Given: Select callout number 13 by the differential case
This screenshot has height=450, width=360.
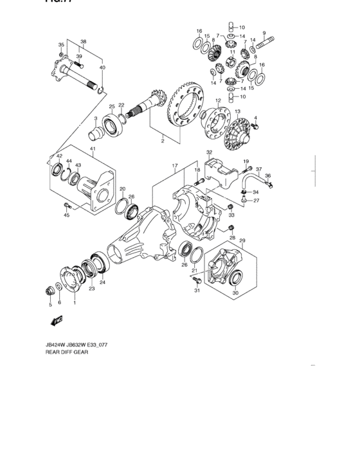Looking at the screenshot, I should point(237,111).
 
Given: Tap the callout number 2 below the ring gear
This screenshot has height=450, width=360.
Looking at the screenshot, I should point(163,140).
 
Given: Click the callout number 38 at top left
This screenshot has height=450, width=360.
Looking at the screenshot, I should point(83,42).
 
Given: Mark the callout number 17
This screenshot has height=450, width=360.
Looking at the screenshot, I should point(174,166).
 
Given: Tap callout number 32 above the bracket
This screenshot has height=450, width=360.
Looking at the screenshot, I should point(209,152).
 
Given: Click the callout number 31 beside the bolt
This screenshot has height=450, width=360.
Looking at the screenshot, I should point(197,291).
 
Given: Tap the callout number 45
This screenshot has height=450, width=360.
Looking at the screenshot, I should point(66,215).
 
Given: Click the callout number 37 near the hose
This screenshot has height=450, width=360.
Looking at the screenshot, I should point(258,169).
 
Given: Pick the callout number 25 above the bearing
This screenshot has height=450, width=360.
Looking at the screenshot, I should point(111,106).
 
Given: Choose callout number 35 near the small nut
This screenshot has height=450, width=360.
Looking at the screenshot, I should point(61,44).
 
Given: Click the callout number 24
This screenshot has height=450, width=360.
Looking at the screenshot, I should point(102,282).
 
